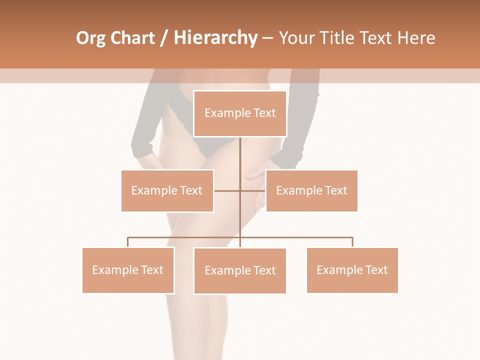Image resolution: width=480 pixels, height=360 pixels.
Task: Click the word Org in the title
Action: click(90, 38)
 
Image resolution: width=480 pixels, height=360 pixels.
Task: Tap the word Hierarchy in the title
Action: click(215, 38)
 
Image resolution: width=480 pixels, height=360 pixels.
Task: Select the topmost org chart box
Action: click(240, 113)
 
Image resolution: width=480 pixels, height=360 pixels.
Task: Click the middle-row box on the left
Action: click(167, 190)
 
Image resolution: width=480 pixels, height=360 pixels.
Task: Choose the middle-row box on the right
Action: click(311, 190)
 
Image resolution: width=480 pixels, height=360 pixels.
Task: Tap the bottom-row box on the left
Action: click(128, 270)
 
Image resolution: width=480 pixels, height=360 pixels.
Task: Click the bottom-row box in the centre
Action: click(240, 270)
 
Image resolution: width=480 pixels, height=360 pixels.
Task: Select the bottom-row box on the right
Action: click(352, 270)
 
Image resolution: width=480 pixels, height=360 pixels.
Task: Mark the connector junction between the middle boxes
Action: click(240, 190)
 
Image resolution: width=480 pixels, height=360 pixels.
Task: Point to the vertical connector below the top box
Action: click(240, 155)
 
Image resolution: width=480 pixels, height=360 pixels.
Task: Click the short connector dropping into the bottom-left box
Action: click(128, 242)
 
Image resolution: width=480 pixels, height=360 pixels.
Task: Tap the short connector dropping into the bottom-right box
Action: click(352, 242)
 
